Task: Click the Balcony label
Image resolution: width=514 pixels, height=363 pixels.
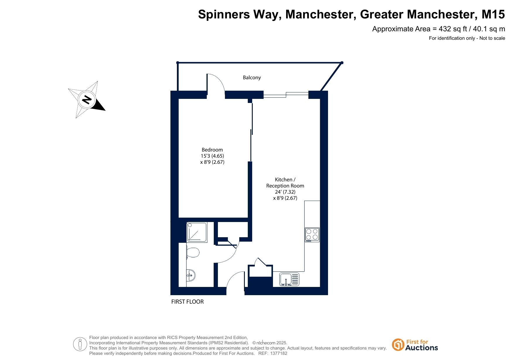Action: click(x=252, y=78)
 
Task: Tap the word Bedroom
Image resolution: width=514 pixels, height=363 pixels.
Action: click(x=212, y=150)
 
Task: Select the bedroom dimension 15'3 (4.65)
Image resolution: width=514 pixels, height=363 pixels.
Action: click(x=212, y=156)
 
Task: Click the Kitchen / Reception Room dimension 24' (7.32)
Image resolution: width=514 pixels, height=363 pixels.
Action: click(x=285, y=192)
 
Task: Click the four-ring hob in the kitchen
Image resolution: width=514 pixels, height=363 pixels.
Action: click(x=312, y=235)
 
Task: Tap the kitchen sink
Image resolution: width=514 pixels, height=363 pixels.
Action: click(x=289, y=279)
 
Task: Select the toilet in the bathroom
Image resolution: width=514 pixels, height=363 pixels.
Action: click(x=193, y=252)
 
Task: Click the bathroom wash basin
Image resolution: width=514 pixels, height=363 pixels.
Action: click(x=191, y=275)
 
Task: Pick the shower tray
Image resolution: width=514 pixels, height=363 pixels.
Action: click(x=197, y=232)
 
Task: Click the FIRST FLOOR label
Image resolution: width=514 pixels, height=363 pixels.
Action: click(x=187, y=302)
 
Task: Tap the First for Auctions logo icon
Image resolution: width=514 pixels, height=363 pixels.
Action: click(x=398, y=345)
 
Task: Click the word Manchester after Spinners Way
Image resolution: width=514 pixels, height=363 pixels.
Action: click(x=321, y=14)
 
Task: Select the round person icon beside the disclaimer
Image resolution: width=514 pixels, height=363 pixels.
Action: click(x=80, y=344)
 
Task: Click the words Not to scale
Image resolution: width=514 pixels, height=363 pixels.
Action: click(x=492, y=38)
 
